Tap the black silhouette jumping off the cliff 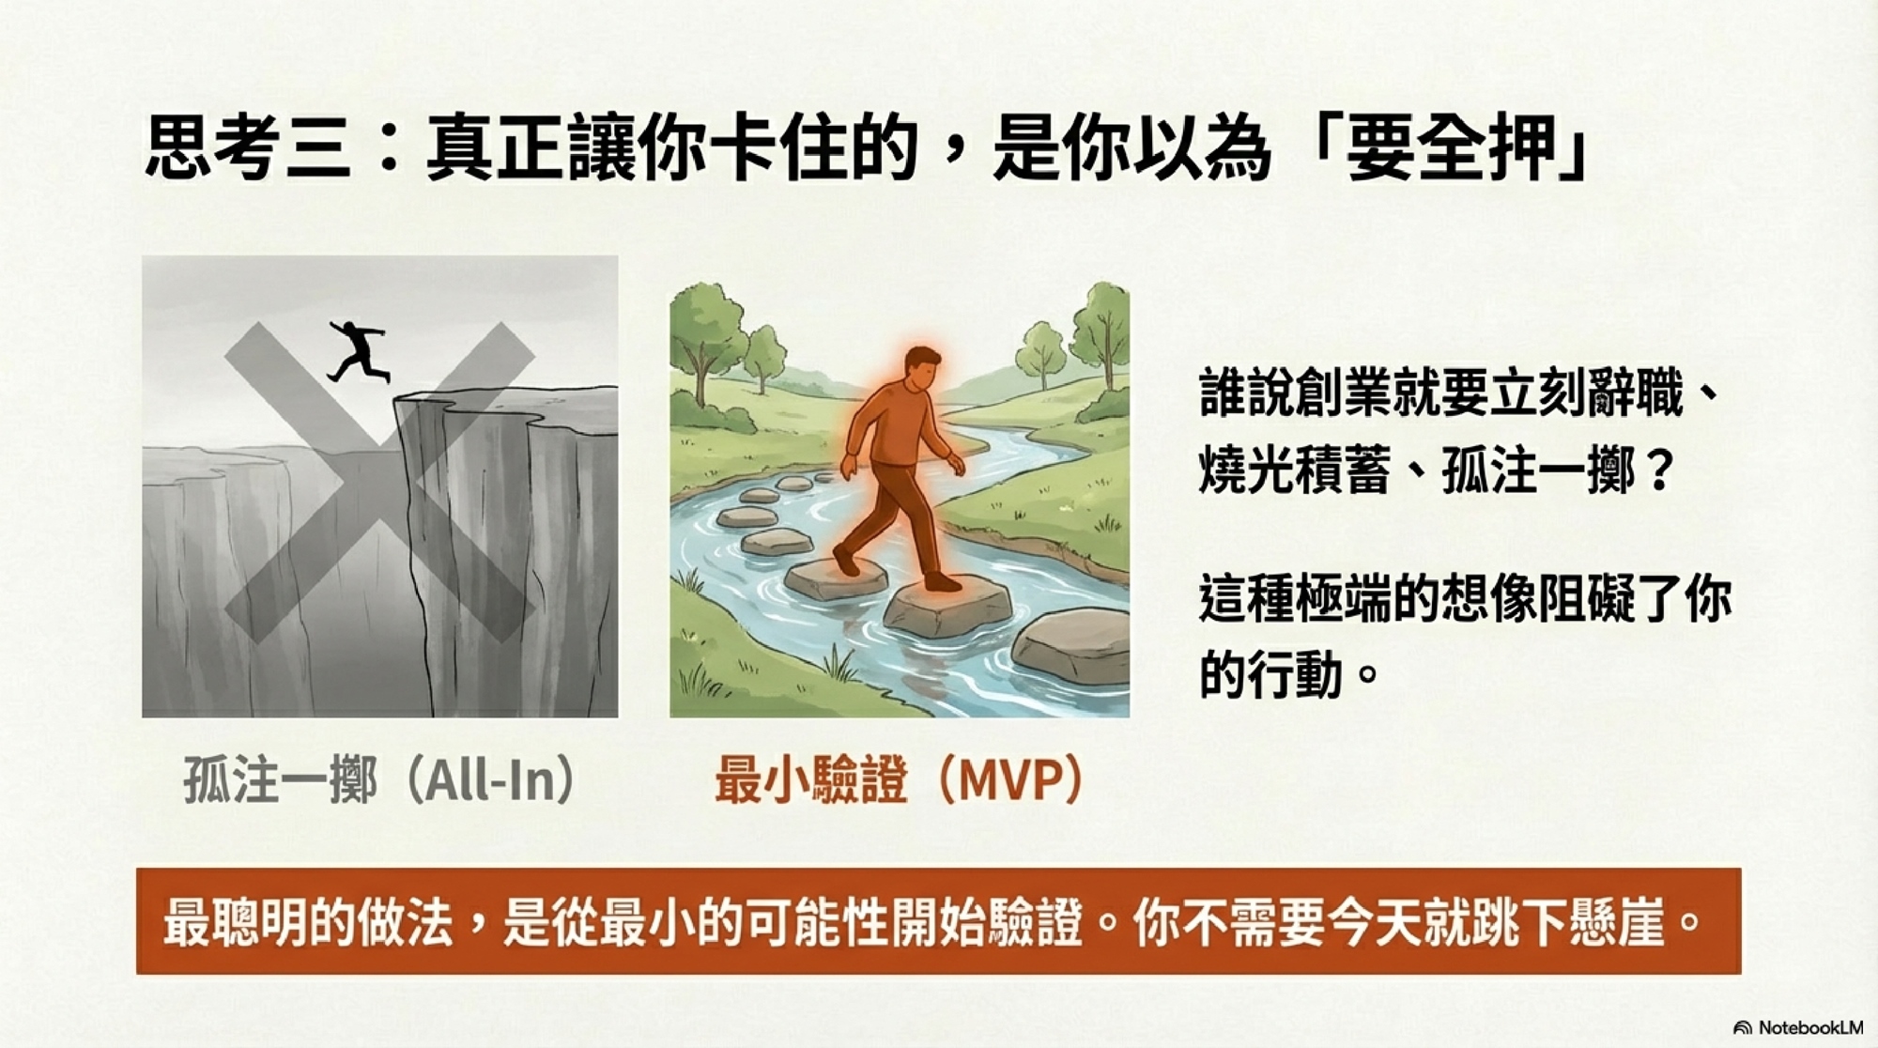click(358, 350)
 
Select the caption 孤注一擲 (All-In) click(379, 779)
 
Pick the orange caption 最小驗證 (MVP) click(901, 779)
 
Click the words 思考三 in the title click(249, 147)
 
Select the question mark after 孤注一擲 click(1659, 470)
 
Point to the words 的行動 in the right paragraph click(1271, 674)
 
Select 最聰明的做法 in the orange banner click(309, 922)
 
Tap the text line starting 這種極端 click(1466, 598)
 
